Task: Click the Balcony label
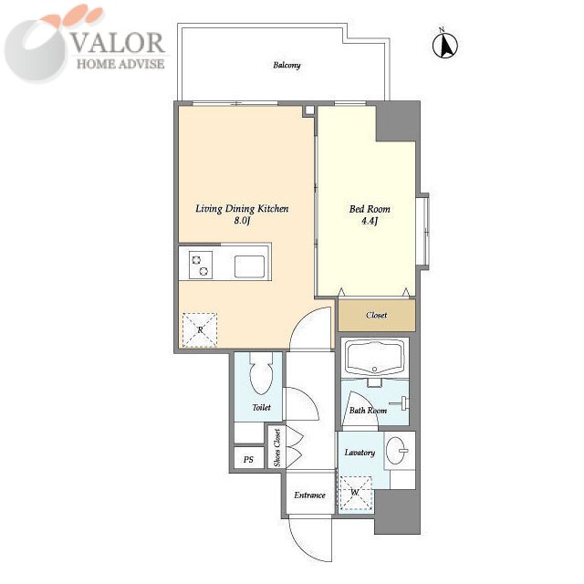tap(287, 65)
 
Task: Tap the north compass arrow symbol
tap(445, 45)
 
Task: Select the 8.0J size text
tap(242, 221)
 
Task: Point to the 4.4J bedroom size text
tap(370, 221)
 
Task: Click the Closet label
tap(377, 315)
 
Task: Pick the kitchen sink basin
tap(249, 266)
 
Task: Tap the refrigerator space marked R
tap(200, 330)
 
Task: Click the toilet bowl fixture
tap(262, 372)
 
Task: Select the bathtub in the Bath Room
tap(375, 359)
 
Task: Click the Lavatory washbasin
tap(395, 450)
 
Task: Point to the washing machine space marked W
tap(356, 493)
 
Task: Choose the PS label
tap(248, 459)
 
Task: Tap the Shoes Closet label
tap(277, 448)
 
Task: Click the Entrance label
tap(309, 495)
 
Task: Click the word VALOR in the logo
tap(118, 43)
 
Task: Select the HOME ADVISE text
tap(120, 64)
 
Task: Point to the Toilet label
tap(262, 408)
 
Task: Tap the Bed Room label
tap(370, 209)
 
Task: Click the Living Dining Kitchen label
tap(242, 209)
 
